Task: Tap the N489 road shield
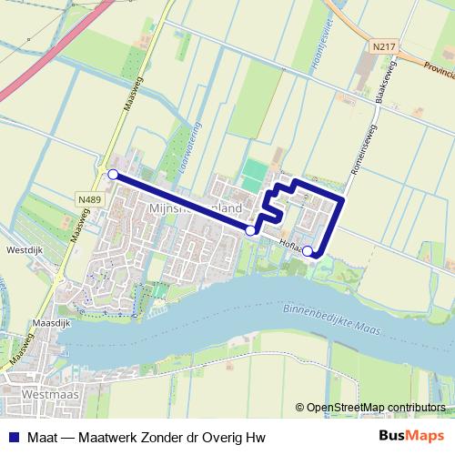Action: [x=88, y=200]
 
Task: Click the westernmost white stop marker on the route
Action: [x=113, y=174]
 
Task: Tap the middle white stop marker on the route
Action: [x=250, y=231]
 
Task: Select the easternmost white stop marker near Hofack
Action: [x=308, y=251]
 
